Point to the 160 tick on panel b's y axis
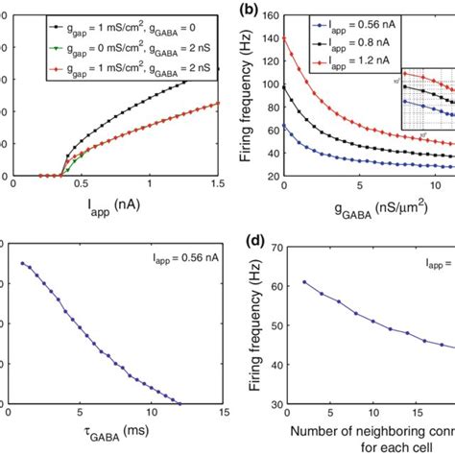click(272, 16)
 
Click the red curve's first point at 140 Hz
click(286, 37)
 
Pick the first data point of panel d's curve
click(304, 282)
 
